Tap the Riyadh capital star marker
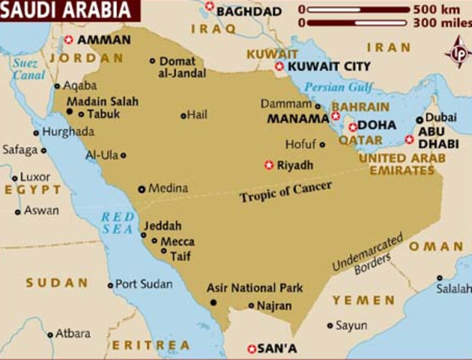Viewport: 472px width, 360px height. click(x=269, y=165)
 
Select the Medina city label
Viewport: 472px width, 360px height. click(x=168, y=188)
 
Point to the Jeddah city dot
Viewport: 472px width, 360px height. click(x=145, y=234)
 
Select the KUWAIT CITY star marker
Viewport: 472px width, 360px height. click(x=279, y=67)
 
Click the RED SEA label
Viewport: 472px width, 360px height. click(x=118, y=223)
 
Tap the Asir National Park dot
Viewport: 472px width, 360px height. click(x=214, y=302)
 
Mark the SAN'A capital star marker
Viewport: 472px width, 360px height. click(x=252, y=349)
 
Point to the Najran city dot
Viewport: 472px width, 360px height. click(x=251, y=305)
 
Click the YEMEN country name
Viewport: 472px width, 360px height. click(x=363, y=300)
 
